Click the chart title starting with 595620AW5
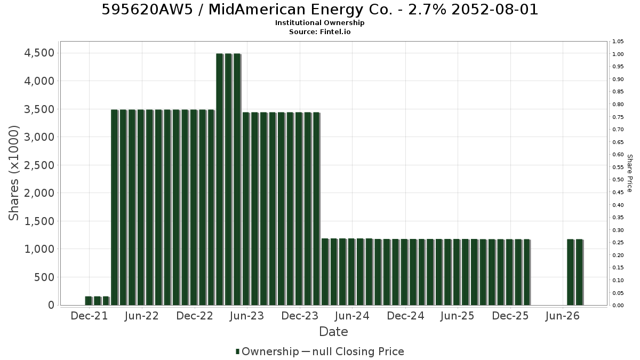point(319,10)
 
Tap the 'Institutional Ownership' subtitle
point(319,23)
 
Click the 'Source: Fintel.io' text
point(319,31)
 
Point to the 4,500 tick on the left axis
point(39,53)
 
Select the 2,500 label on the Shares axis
point(39,165)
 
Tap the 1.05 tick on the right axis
point(618,42)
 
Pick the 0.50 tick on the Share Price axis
point(618,180)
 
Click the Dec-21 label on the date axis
point(89,316)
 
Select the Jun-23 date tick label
point(247,316)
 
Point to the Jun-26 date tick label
point(562,316)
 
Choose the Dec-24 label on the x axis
point(405,316)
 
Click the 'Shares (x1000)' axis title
point(13,173)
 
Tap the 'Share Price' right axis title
point(629,173)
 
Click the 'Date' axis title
point(333,332)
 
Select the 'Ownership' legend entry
point(267,351)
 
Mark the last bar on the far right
point(579,273)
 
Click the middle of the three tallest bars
point(229,179)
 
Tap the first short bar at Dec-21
point(89,301)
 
